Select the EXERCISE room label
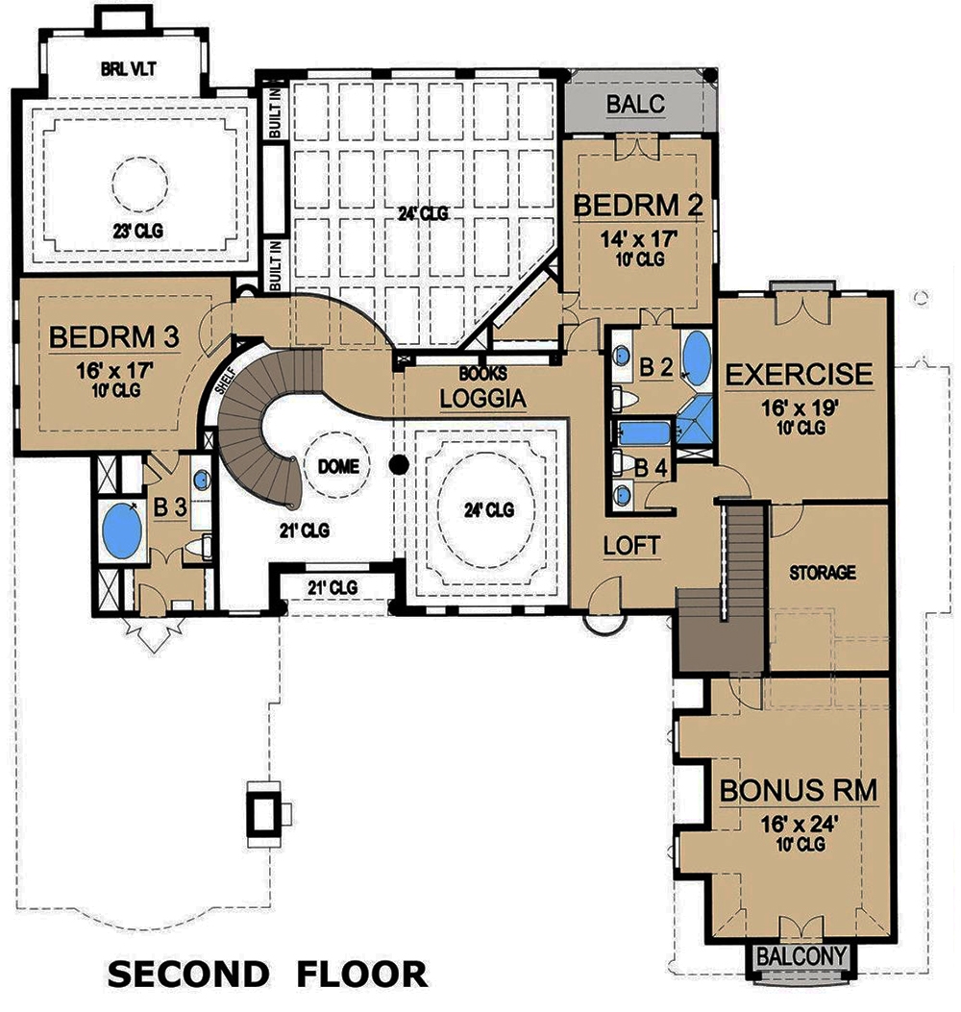click(x=800, y=374)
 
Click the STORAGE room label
click(x=823, y=573)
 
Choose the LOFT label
click(x=631, y=545)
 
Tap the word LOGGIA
click(x=483, y=397)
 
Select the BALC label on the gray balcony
click(x=636, y=104)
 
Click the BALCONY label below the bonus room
click(x=802, y=956)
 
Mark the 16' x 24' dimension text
click(x=800, y=823)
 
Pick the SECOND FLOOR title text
click(x=267, y=974)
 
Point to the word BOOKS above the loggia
click(x=482, y=373)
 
